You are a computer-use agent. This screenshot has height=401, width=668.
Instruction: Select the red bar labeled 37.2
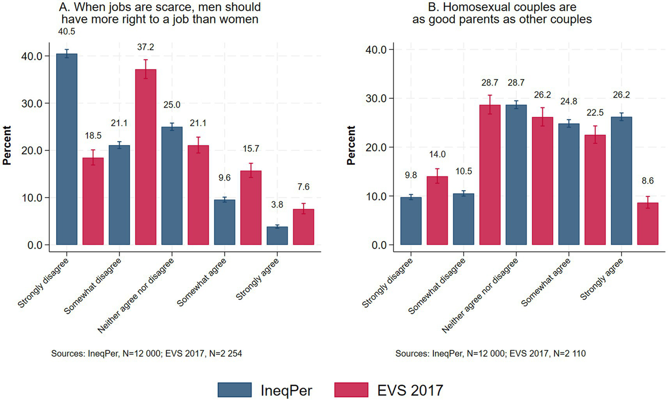(145, 157)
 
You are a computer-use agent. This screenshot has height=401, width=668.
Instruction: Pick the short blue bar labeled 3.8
(277, 236)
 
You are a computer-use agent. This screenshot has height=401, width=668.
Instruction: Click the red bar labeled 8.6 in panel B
(648, 224)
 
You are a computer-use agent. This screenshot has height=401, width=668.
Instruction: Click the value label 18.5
(93, 136)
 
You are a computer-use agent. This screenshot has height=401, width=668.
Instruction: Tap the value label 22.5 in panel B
(595, 113)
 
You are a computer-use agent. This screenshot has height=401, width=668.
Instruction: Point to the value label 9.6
(225, 178)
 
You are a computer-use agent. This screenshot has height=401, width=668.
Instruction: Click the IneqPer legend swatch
(235, 390)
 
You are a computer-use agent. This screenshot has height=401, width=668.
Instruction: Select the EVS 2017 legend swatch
(351, 390)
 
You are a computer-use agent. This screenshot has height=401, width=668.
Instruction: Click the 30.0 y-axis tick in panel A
(32, 104)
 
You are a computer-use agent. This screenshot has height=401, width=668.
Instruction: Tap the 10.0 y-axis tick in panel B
(376, 196)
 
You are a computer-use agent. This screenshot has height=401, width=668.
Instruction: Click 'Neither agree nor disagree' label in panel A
(136, 296)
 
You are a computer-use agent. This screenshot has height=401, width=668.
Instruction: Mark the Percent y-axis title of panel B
(351, 145)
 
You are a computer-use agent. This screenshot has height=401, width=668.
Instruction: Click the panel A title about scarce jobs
(160, 13)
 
